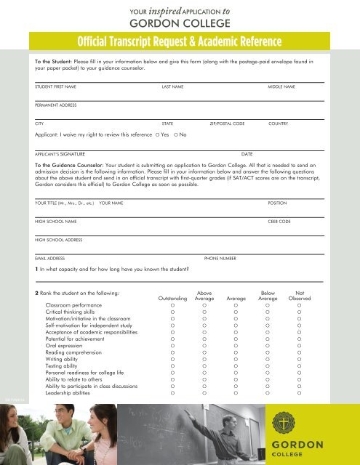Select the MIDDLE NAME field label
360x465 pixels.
(281, 86)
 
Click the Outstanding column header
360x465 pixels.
(172, 298)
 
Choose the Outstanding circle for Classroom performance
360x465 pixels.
(172, 307)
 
